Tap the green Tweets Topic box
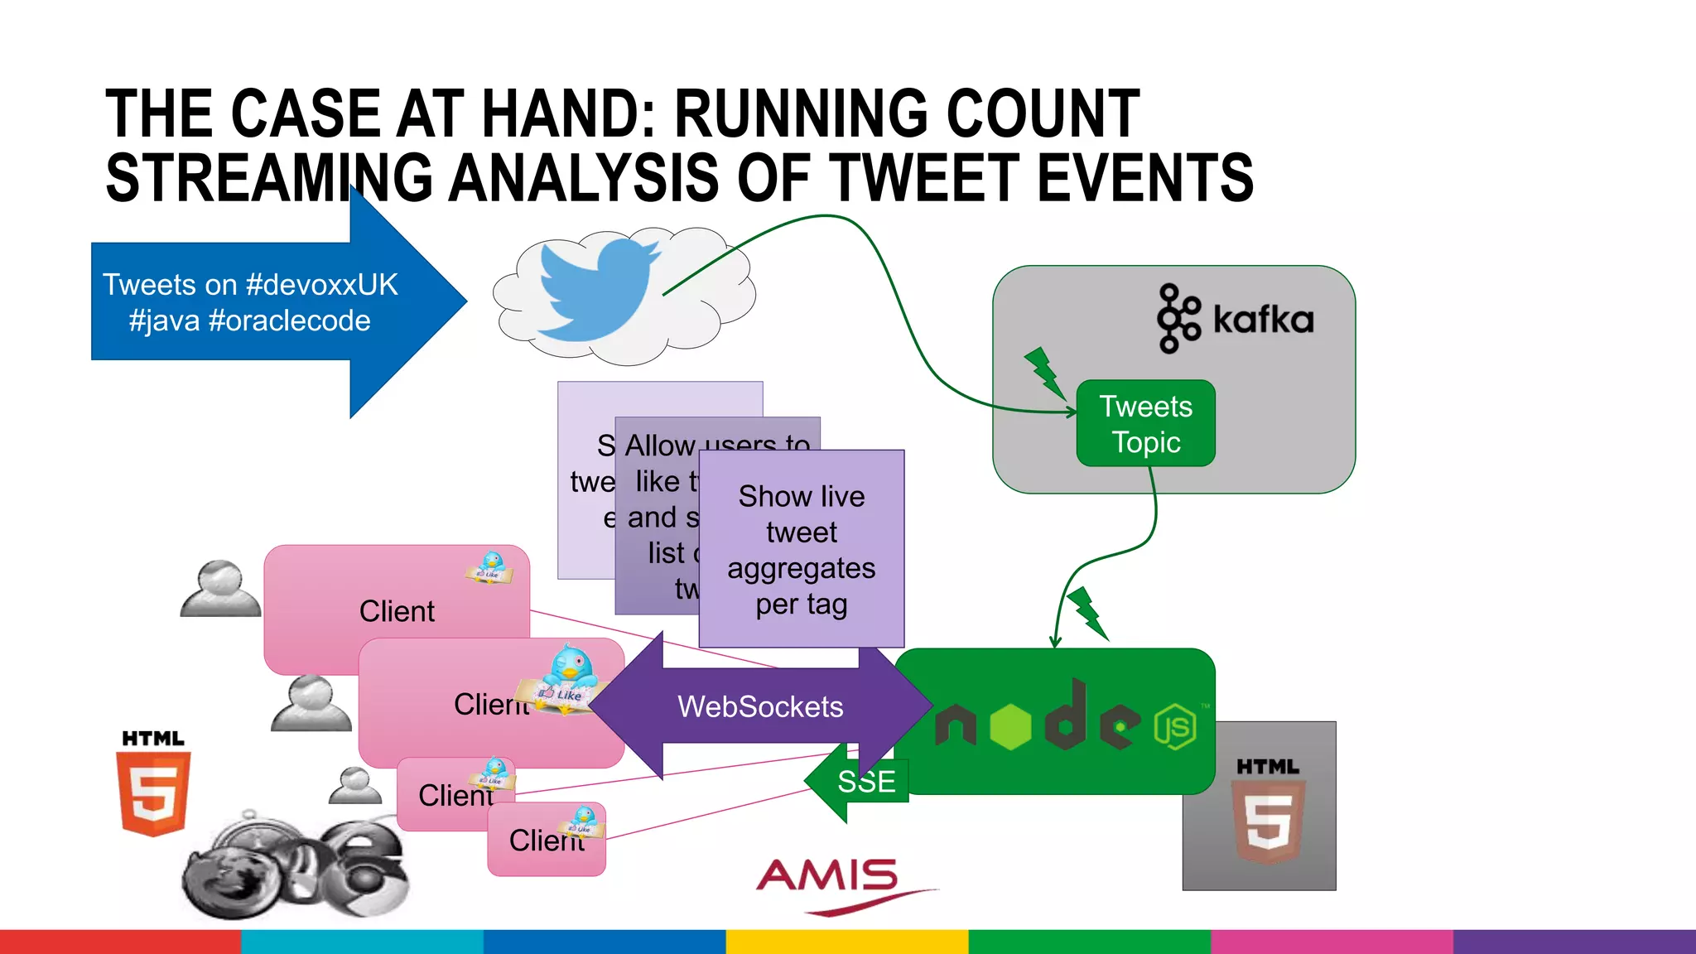pyautogui.click(x=1145, y=423)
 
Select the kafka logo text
pyautogui.click(x=1263, y=320)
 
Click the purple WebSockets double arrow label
pyautogui.click(x=760, y=706)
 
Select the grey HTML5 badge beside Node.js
pyautogui.click(x=1260, y=806)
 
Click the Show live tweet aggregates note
pyautogui.click(x=802, y=549)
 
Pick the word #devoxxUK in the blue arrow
pyautogui.click(x=322, y=285)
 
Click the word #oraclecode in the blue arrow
pyautogui.click(x=289, y=320)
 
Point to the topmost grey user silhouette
pyautogui.click(x=220, y=589)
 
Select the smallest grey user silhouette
pyautogui.click(x=355, y=785)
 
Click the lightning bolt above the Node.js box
pyautogui.click(x=1087, y=613)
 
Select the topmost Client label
pyautogui.click(x=397, y=611)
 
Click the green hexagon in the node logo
pyautogui.click(x=1010, y=726)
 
